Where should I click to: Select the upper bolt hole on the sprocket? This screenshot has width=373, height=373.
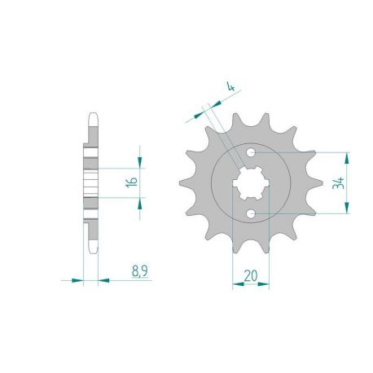tap(254, 153)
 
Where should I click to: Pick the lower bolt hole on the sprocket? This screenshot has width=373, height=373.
tap(254, 213)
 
